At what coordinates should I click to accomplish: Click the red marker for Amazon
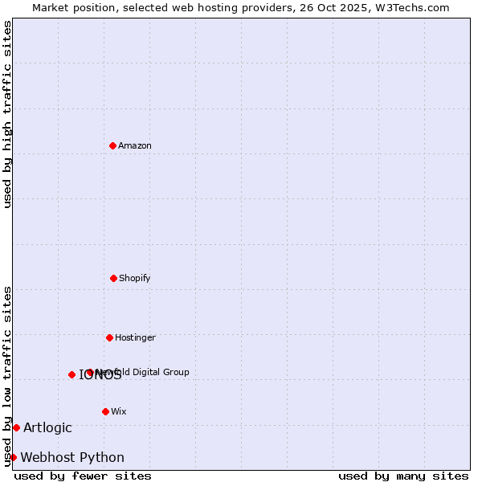click(x=112, y=145)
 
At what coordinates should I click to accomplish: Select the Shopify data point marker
click(x=113, y=278)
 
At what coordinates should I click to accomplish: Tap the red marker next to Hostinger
click(x=109, y=337)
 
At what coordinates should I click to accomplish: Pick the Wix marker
click(x=105, y=411)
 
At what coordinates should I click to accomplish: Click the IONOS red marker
click(x=71, y=374)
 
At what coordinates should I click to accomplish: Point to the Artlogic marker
click(x=16, y=427)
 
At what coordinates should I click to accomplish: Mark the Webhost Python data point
click(x=13, y=457)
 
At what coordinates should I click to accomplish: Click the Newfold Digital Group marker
click(x=90, y=372)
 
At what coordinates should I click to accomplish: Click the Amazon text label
click(x=135, y=145)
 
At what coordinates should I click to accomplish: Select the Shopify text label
click(x=135, y=278)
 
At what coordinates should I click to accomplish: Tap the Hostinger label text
click(x=135, y=337)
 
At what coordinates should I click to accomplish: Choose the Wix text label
click(x=119, y=411)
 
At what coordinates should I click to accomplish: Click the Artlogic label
click(x=47, y=427)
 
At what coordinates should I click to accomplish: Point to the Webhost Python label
click(x=72, y=457)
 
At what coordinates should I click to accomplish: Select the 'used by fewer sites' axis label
click(x=83, y=476)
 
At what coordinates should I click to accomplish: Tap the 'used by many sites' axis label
click(x=403, y=476)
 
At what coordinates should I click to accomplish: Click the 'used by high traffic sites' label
click(x=8, y=114)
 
